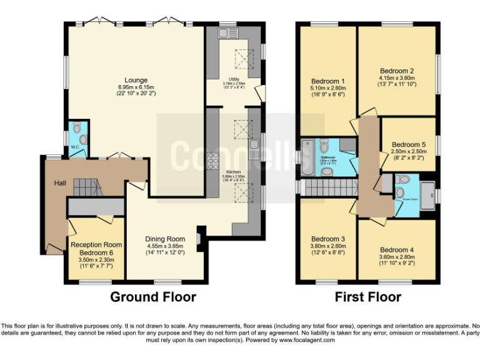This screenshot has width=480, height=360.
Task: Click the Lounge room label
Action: pos(136,79)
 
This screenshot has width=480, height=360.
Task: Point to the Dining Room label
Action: pos(165,239)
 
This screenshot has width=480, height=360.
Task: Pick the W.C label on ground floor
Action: pos(74,147)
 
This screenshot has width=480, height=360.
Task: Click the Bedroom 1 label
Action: pos(328,81)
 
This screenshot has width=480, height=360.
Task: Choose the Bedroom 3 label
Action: pos(328,239)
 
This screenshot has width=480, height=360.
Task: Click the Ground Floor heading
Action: pos(153,297)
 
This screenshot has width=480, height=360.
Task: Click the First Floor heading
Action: pos(367,297)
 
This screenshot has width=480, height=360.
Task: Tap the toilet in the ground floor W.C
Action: pos(77,128)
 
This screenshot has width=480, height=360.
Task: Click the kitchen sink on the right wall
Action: pos(254,148)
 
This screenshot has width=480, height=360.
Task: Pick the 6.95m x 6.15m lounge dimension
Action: pos(136,87)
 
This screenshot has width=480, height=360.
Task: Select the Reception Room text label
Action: pos(96,244)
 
